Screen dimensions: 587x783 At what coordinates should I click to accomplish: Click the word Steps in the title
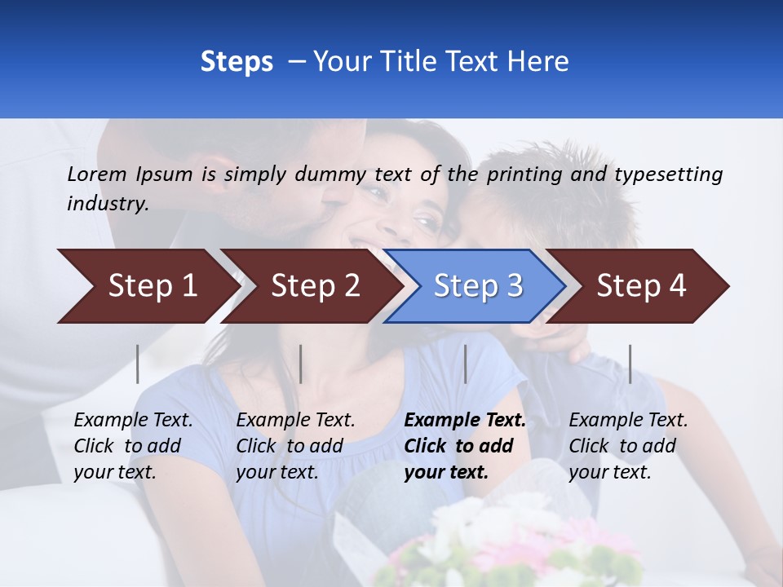click(x=237, y=62)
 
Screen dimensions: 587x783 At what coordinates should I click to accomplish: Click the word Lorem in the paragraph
click(x=96, y=174)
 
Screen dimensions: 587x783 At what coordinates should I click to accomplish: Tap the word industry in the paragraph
click(x=107, y=204)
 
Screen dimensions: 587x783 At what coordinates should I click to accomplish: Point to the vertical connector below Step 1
click(x=138, y=364)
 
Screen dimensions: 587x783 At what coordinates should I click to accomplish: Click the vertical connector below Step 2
click(x=301, y=364)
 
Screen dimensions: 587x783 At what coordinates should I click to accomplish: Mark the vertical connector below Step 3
click(x=465, y=364)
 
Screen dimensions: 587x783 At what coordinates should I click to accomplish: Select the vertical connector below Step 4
click(x=630, y=364)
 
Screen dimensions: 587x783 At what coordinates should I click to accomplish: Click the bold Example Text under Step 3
click(x=465, y=421)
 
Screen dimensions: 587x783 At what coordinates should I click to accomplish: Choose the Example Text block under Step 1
click(x=133, y=446)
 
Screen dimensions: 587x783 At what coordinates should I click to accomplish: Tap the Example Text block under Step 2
click(x=295, y=446)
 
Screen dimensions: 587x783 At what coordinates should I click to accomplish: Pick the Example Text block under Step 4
click(x=628, y=446)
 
